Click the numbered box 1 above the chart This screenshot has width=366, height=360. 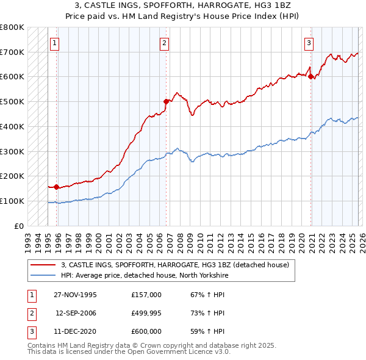[56, 43]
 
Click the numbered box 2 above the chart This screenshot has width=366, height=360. [165, 43]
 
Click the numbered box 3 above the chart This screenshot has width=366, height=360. [309, 43]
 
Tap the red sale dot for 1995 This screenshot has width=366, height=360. [57, 187]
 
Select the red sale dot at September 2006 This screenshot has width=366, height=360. [166, 101]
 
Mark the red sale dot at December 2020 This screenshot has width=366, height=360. [310, 76]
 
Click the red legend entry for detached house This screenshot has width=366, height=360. [170, 265]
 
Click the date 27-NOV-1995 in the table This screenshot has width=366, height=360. [75, 295]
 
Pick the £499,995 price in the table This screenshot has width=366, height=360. [146, 313]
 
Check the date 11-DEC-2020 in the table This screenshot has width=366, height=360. [75, 331]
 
